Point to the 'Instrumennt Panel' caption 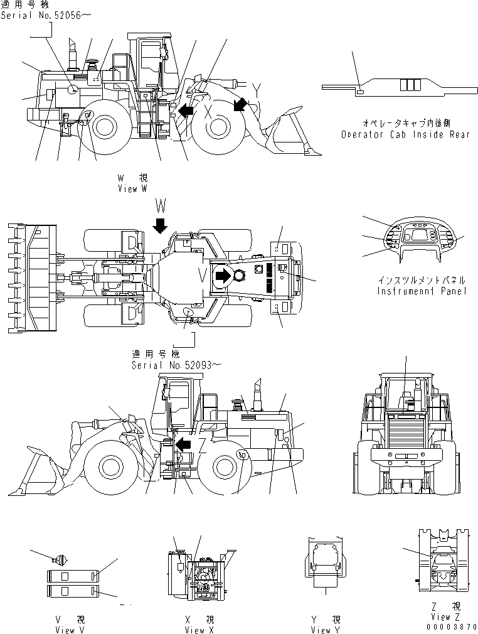coord(422,291)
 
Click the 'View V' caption coord(70,630)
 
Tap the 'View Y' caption coord(326,630)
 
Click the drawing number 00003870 coord(451,626)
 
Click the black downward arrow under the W coord(161,225)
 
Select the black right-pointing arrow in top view coord(222,275)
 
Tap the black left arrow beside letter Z coord(183,445)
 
